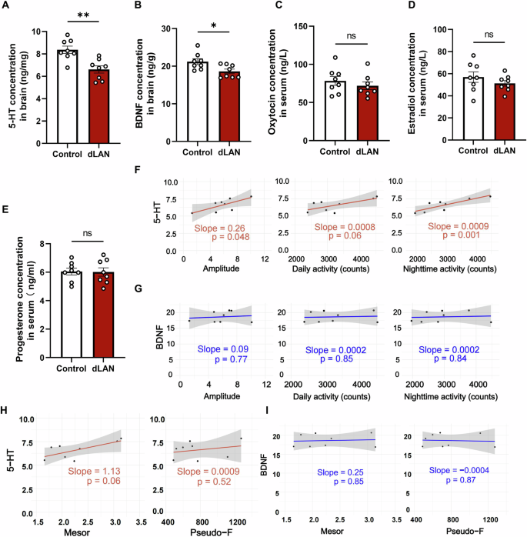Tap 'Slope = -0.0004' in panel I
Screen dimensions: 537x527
pyautogui.click(x=459, y=469)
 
